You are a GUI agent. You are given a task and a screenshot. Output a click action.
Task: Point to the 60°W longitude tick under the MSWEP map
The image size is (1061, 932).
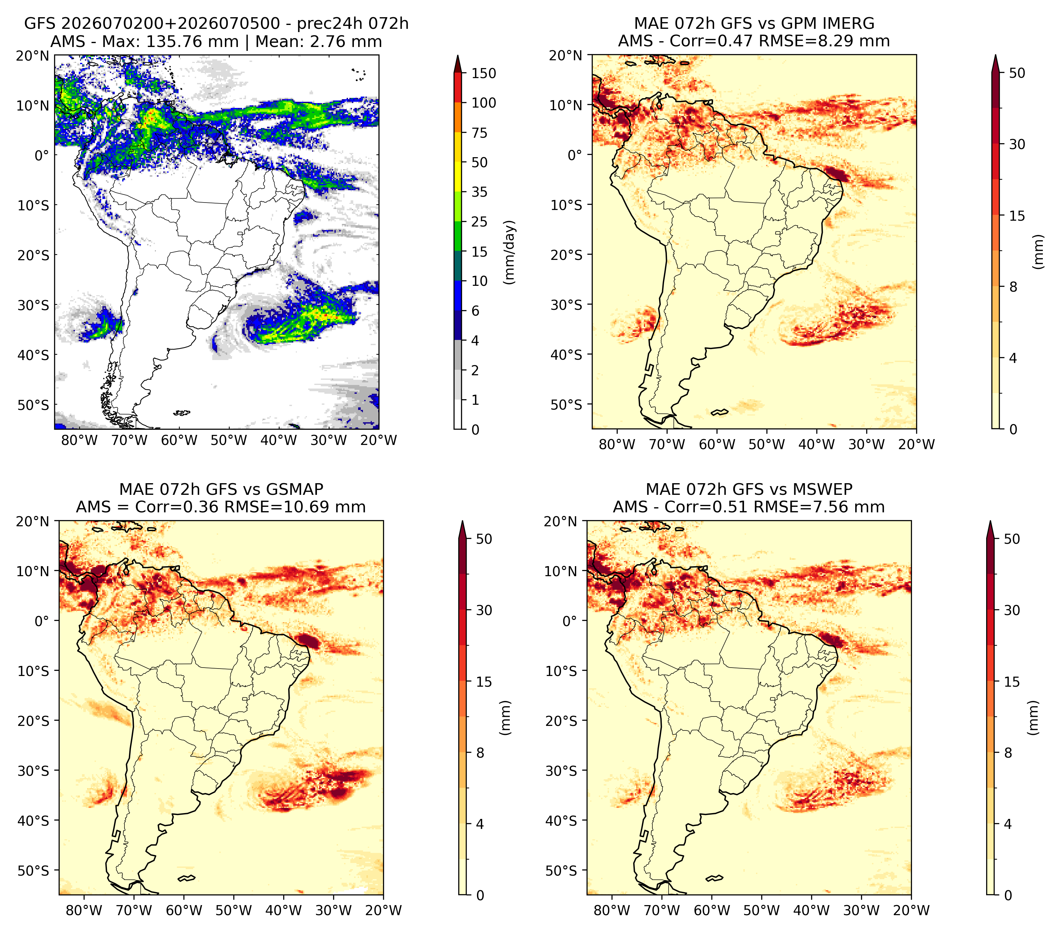[x=712, y=910]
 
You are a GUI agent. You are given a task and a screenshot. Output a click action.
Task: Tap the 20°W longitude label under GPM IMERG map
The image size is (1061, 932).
[x=916, y=444]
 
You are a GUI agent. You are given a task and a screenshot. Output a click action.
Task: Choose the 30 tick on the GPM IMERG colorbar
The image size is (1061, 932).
[x=1017, y=144]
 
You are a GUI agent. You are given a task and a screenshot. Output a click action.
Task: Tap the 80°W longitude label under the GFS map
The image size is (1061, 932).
[x=79, y=440]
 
